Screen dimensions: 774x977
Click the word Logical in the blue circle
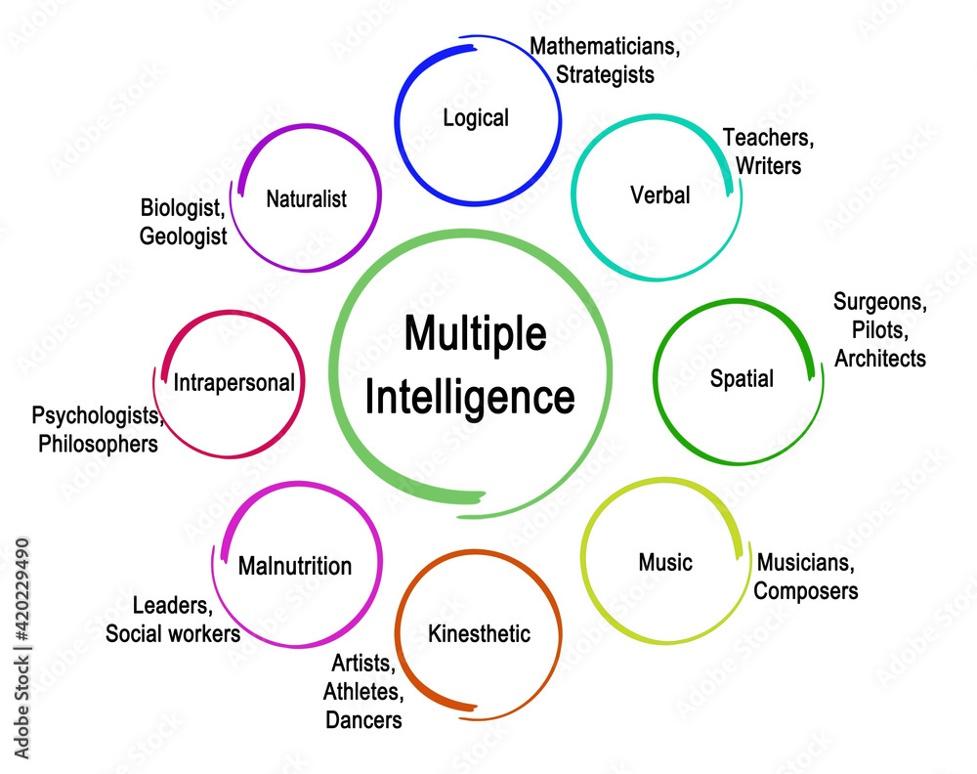point(476,118)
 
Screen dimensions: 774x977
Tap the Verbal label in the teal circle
point(660,195)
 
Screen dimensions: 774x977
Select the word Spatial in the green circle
point(743,378)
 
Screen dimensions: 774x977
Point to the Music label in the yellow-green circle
point(665,562)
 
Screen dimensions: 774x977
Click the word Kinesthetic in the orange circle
point(479,633)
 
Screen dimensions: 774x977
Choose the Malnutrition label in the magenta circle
point(295,566)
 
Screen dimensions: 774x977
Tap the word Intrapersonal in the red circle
point(234,382)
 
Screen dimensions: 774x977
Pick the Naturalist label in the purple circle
point(306,199)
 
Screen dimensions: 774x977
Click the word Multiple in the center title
point(476,335)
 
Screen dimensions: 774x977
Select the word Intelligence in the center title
point(470,398)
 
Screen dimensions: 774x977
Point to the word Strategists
point(605,73)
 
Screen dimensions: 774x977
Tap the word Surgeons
point(877,302)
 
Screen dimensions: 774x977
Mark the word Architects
point(879,359)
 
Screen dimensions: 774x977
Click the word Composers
point(806,590)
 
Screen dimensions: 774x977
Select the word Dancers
point(362,720)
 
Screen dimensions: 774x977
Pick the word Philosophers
point(98,444)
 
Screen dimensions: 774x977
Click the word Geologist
point(183,236)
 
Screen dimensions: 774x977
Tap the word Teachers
point(768,138)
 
